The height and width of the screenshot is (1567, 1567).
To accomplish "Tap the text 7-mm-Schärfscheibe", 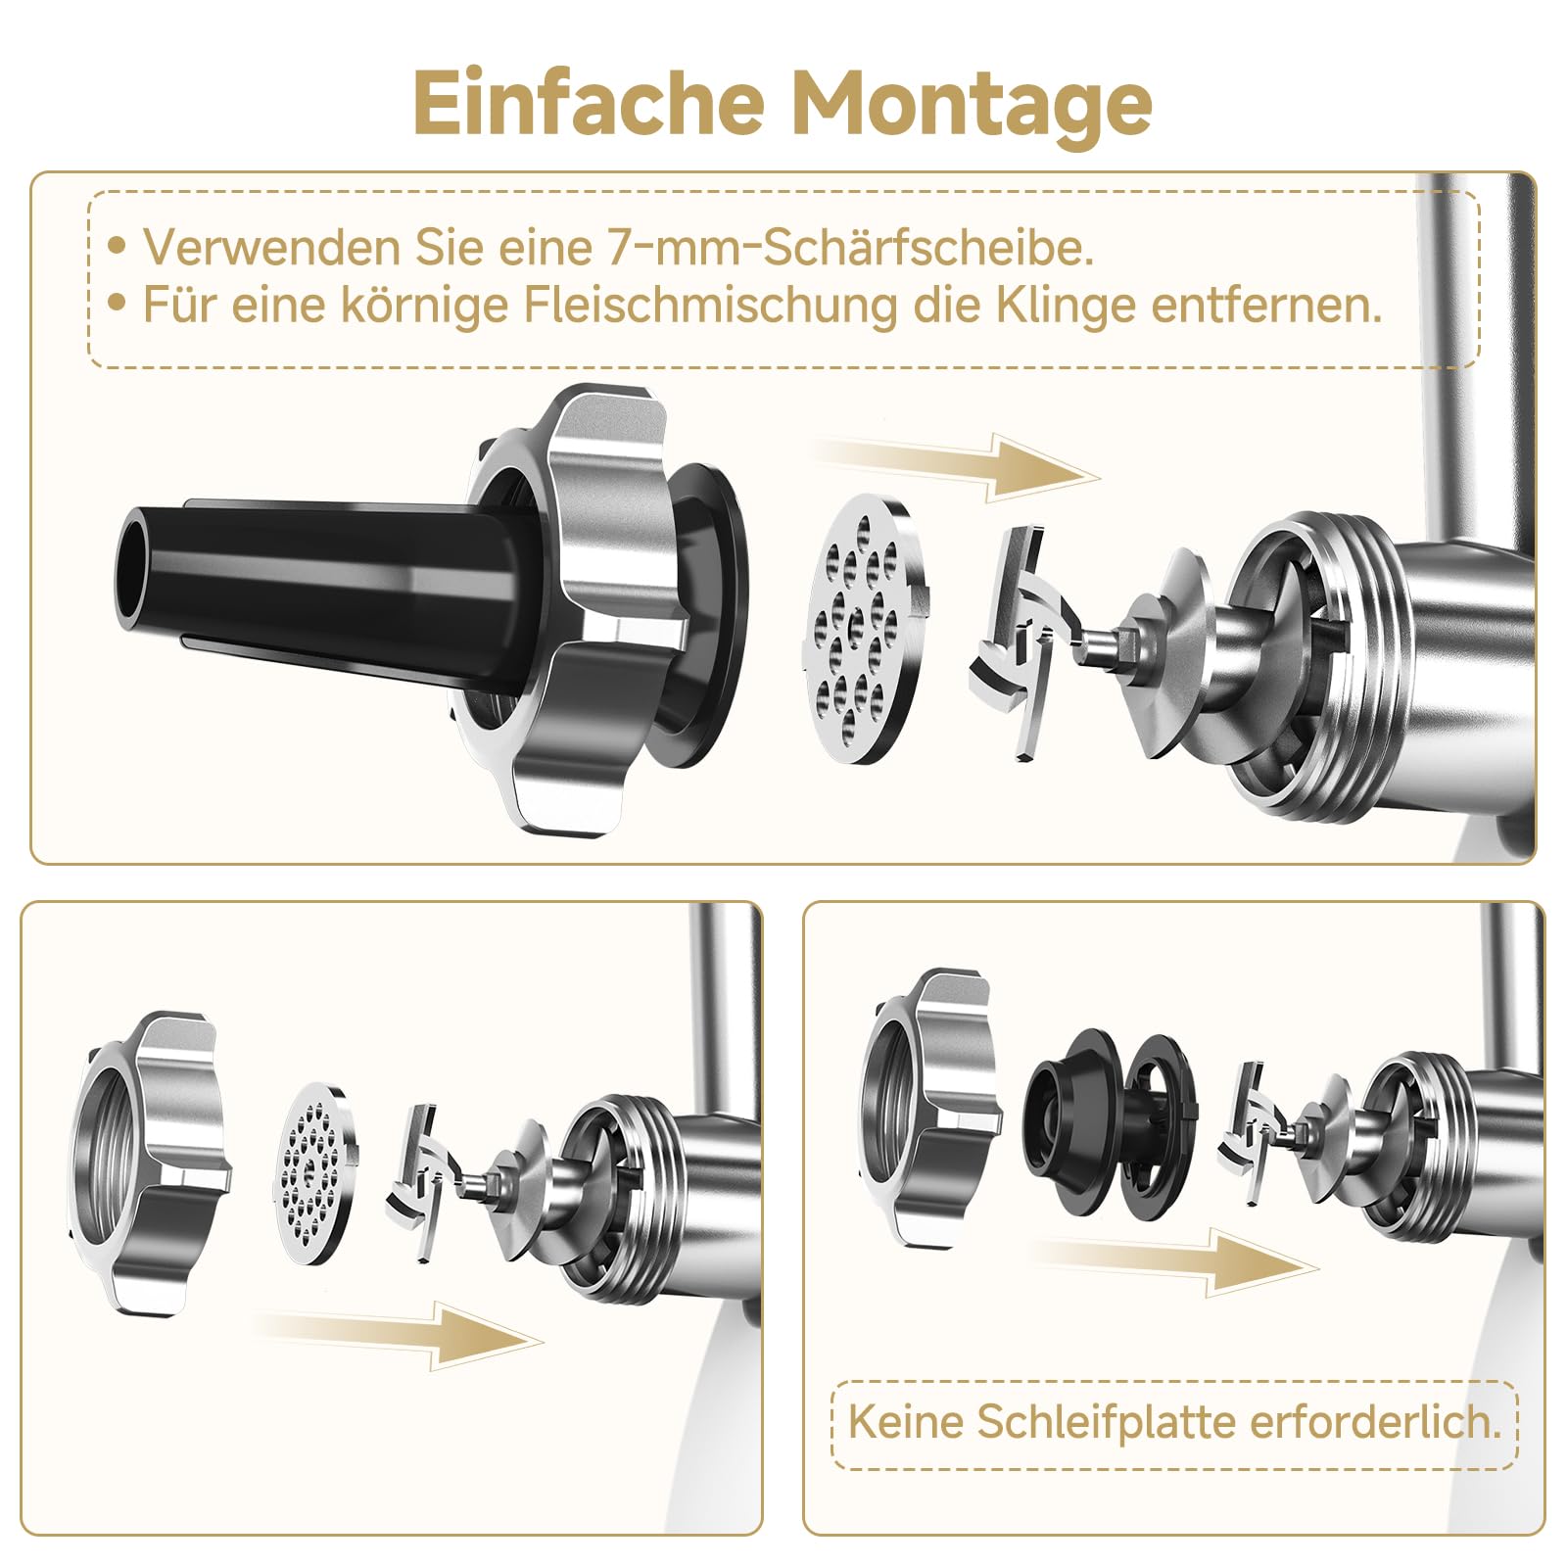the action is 849,247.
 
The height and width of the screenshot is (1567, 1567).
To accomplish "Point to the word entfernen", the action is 1266,305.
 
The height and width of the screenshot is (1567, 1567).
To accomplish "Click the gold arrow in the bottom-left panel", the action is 397,1335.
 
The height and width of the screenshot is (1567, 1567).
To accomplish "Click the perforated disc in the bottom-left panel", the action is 315,1172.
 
